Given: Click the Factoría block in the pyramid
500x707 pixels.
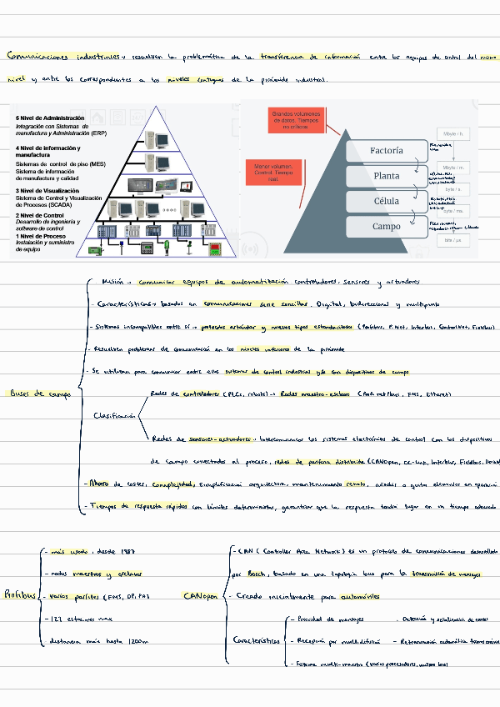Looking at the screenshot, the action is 386,151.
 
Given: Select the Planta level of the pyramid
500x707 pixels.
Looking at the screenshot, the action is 386,176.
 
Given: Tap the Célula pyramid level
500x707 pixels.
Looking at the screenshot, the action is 386,201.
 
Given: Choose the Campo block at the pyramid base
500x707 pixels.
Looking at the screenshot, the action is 386,226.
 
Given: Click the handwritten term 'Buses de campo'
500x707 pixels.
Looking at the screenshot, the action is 39,394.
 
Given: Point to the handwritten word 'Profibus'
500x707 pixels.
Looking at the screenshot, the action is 19,594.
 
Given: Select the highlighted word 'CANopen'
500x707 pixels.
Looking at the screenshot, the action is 200,596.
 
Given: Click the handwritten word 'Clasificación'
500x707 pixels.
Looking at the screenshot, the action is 115,415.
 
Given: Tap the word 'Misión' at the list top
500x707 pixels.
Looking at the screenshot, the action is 112,282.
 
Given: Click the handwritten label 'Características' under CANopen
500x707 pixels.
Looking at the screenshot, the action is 256,641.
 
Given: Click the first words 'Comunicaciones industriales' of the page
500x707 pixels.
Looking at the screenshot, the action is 62,57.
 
